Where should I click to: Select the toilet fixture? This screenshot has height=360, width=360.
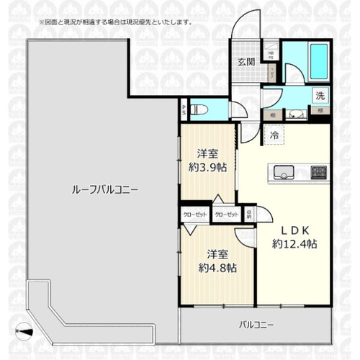[x=202, y=111]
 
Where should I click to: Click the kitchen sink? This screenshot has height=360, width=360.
[x=283, y=171]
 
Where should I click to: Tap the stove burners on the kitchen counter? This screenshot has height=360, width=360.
[x=318, y=171]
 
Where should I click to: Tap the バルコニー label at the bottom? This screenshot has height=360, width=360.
[x=256, y=325]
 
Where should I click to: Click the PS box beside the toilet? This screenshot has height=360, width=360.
[x=184, y=111]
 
